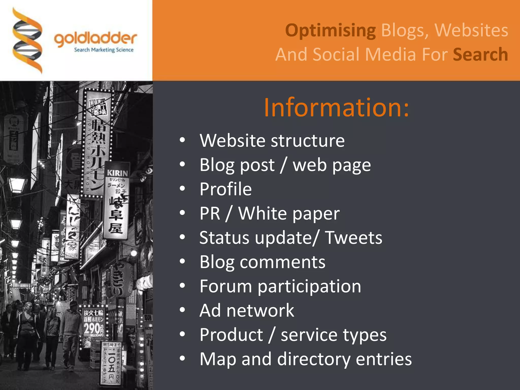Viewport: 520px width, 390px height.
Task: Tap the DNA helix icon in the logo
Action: pos(27,41)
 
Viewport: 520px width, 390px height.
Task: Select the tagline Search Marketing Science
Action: pos(104,50)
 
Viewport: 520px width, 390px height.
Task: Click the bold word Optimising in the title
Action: pos(330,30)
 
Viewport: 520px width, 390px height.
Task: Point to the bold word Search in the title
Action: pos(480,55)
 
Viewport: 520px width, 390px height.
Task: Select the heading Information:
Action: pos(336,108)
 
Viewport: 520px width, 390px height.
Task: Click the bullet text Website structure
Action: pos(272,140)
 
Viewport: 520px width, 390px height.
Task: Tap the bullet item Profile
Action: pos(225,189)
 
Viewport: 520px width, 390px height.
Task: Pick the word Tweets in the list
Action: pos(354,238)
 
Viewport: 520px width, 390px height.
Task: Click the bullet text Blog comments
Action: pos(262,262)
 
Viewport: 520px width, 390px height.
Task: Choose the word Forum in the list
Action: pos(225,286)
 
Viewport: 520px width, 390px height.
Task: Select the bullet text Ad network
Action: pos(247,311)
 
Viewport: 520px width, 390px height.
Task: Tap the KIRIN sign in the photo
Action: pos(117,173)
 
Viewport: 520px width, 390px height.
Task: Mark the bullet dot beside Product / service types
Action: pos(182,335)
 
